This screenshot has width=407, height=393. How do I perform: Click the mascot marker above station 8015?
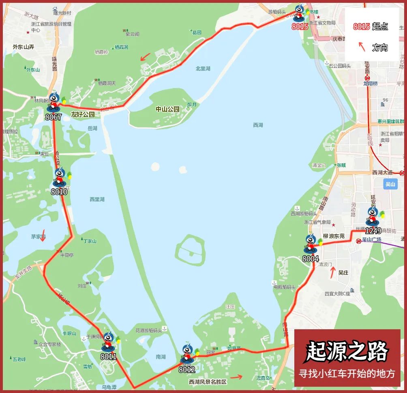tap(300, 13)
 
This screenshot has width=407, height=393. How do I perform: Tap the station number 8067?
tap(54, 117)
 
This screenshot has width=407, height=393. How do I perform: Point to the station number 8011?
tap(109, 357)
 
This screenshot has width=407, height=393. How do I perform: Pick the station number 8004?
tap(311, 259)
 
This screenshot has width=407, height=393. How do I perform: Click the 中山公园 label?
tap(167, 109)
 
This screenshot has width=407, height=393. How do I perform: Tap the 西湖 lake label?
tap(258, 125)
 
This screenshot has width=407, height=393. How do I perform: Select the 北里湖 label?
tap(203, 69)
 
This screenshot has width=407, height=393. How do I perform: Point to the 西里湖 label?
tap(97, 199)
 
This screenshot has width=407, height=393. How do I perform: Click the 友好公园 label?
tap(83, 115)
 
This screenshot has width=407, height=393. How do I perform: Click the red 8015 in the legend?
tap(361, 27)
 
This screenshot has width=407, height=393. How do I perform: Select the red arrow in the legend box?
tap(362, 47)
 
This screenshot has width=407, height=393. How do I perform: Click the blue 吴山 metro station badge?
tap(390, 184)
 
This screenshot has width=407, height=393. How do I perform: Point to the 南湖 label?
tap(161, 357)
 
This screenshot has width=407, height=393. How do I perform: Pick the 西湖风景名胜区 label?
tap(208, 382)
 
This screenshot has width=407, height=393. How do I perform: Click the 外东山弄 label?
tap(23, 47)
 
